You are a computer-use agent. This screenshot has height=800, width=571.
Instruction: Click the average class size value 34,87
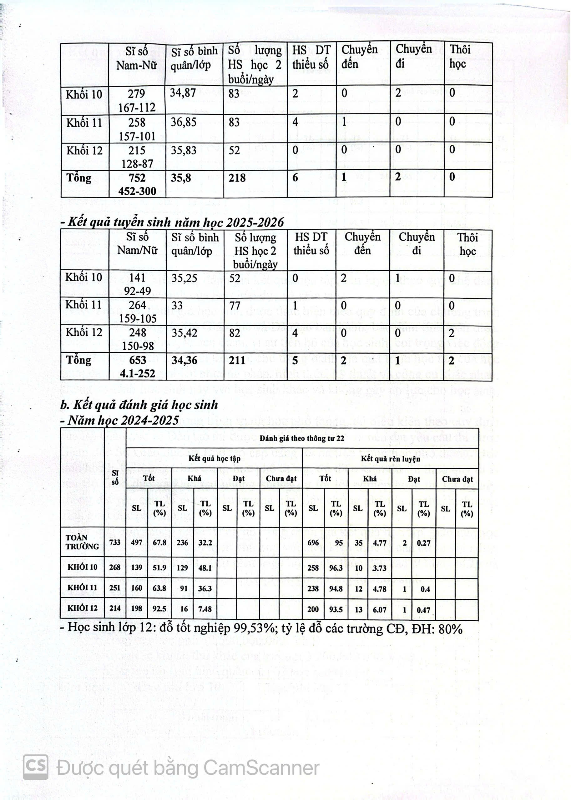[x=183, y=93]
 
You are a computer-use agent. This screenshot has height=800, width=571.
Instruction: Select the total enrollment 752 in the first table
[x=137, y=178]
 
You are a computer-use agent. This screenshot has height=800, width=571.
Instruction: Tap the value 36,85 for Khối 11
[x=184, y=122]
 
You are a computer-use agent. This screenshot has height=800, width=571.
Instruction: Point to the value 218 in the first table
[x=237, y=178]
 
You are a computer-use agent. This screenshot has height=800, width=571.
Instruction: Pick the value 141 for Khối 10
[x=137, y=277]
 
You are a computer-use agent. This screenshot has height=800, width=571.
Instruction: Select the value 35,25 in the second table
[x=184, y=278]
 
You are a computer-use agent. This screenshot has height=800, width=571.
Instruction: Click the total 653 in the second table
[x=138, y=360]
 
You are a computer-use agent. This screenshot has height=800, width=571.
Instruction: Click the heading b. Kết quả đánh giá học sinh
[x=139, y=405]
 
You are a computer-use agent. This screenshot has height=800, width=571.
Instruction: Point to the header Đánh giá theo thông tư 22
[x=302, y=438]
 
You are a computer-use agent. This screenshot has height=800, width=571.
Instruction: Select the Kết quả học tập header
[x=214, y=458]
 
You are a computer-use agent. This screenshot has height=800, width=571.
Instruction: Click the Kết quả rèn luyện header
[x=390, y=459]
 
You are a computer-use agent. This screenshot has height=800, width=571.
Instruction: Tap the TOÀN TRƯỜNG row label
[x=82, y=542]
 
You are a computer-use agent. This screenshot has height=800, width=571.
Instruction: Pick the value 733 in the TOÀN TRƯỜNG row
[x=115, y=542]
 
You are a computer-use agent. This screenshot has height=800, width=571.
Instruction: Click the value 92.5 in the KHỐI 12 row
[x=159, y=608]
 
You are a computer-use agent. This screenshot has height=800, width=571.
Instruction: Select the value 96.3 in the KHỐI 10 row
[x=336, y=568]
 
